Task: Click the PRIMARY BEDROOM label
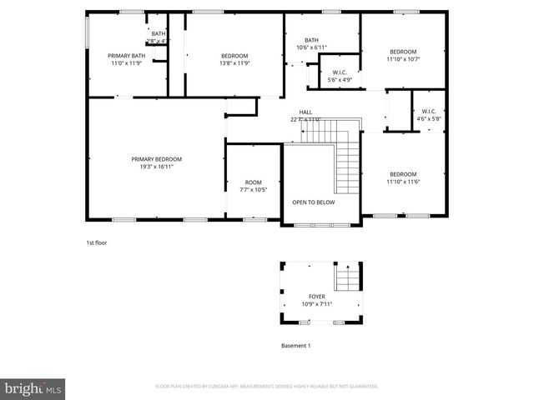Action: click(x=156, y=159)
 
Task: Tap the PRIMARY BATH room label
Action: click(x=127, y=56)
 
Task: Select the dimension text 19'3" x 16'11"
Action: click(x=156, y=167)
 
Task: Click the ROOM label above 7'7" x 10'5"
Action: click(x=253, y=182)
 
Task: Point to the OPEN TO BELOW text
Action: click(x=313, y=202)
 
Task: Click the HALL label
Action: click(x=305, y=112)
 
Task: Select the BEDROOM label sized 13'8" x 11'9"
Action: click(x=234, y=56)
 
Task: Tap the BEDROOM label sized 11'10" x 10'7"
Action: click(x=402, y=52)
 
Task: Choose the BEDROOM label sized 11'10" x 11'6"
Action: click(x=402, y=174)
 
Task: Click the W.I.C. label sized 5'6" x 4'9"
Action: click(x=339, y=72)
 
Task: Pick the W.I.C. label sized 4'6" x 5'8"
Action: click(x=428, y=112)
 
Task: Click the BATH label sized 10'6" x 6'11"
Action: click(x=311, y=40)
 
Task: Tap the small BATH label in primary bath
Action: click(x=158, y=34)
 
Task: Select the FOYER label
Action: click(x=317, y=296)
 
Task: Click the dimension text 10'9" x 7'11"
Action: click(x=317, y=303)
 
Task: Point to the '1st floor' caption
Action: click(x=97, y=242)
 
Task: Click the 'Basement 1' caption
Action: click(x=295, y=345)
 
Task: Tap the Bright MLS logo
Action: click(x=33, y=388)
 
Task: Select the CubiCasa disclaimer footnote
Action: click(x=267, y=387)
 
